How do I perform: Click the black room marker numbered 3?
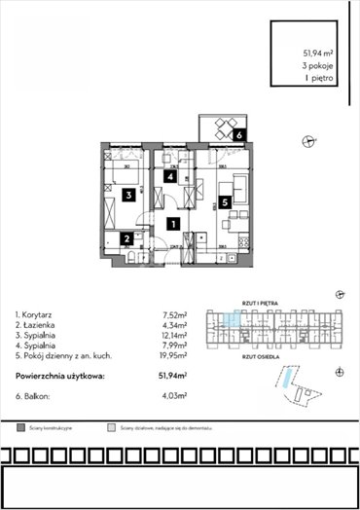(129, 195)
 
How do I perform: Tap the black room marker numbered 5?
(225, 202)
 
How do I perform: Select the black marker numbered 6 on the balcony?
(239, 135)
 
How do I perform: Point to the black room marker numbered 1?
(172, 223)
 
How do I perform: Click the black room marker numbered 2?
(127, 237)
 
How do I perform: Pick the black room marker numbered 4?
(170, 177)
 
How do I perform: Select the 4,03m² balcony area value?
(174, 396)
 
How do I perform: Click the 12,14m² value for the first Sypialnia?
(173, 335)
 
